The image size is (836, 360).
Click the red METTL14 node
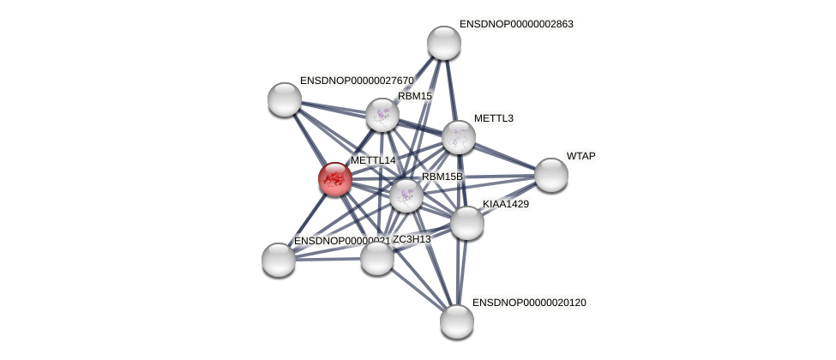tap(334, 179)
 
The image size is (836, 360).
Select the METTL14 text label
tap(373, 160)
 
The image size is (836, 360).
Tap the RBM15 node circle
tap(382, 115)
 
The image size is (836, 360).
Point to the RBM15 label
tap(415, 96)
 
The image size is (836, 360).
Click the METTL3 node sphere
tap(459, 137)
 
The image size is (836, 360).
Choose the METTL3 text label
tap(493, 118)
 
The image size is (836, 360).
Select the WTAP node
tap(551, 175)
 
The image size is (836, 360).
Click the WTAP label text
tap(580, 156)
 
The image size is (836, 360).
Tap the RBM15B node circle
tap(406, 195)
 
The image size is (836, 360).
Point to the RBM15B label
tap(442, 177)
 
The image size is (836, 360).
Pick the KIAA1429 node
tap(467, 223)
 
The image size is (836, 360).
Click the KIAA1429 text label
tap(505, 204)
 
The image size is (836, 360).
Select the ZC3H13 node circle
tap(377, 258)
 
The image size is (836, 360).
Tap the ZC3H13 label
tap(412, 239)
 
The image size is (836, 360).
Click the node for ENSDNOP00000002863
tap(444, 43)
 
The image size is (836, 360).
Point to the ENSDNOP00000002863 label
tap(516, 24)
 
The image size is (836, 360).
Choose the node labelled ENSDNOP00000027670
tap(285, 99)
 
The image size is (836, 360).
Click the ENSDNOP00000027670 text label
tap(357, 81)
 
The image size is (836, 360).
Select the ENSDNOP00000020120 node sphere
tap(457, 321)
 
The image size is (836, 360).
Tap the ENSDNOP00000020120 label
tap(529, 303)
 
